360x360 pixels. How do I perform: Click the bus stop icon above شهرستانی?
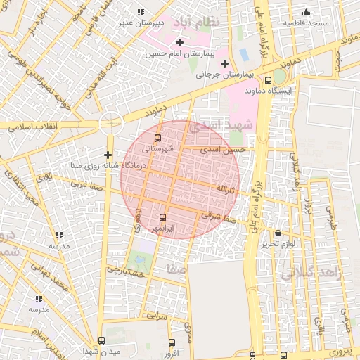(157, 138)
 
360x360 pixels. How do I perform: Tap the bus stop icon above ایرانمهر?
(163, 217)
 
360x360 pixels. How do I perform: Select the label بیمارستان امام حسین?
(180, 53)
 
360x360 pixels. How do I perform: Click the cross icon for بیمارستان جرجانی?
(224, 65)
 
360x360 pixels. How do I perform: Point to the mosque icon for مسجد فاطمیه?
(306, 12)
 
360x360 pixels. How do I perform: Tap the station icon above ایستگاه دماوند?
(269, 79)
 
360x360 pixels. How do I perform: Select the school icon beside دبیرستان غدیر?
(141, 12)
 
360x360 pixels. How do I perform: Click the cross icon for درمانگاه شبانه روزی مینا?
(108, 155)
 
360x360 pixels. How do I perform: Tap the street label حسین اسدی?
(223, 150)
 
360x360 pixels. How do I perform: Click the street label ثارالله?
(222, 189)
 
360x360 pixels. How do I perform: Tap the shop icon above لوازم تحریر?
(277, 233)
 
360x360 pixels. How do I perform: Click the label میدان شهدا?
(101, 350)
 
